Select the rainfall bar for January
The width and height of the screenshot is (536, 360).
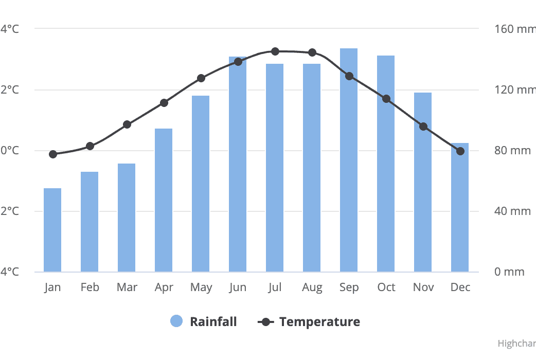coord(52,230)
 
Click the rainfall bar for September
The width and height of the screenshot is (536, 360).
coord(349,160)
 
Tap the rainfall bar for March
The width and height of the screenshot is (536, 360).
coord(127,218)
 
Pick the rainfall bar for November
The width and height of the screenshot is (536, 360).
coord(423,182)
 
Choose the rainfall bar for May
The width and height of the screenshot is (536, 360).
coord(201,184)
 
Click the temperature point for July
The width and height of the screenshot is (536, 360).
coord(275,51)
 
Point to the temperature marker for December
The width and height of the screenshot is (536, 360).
coord(460,151)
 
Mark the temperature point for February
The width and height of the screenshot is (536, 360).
coord(90,146)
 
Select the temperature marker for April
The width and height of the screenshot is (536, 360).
coord(164,103)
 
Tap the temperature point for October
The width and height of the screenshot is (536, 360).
coord(386,99)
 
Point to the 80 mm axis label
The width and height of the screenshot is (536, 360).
coord(512,151)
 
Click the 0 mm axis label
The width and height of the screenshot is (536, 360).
coord(509,272)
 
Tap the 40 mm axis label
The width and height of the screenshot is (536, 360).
coord(512,211)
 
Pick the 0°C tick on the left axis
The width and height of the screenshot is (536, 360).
coord(9,151)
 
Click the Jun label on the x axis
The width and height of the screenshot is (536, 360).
coord(238,287)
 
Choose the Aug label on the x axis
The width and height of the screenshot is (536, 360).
coord(312,287)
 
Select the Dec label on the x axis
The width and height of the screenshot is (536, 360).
coord(460,287)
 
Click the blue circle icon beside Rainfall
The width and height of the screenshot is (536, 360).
coord(176,321)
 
